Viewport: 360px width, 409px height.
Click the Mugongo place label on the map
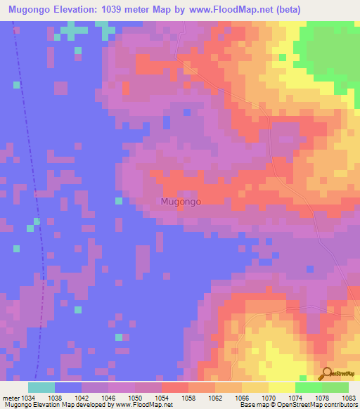pyautogui.click(x=181, y=202)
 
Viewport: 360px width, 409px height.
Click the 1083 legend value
pyautogui.click(x=347, y=397)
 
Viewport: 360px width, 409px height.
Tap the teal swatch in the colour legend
pyautogui.click(x=41, y=387)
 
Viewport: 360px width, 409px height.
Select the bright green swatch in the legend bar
pyautogui.click(x=309, y=387)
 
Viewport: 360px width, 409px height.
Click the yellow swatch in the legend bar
pyautogui.click(x=282, y=387)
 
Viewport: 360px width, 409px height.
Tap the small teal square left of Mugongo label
pyautogui.click(x=119, y=201)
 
